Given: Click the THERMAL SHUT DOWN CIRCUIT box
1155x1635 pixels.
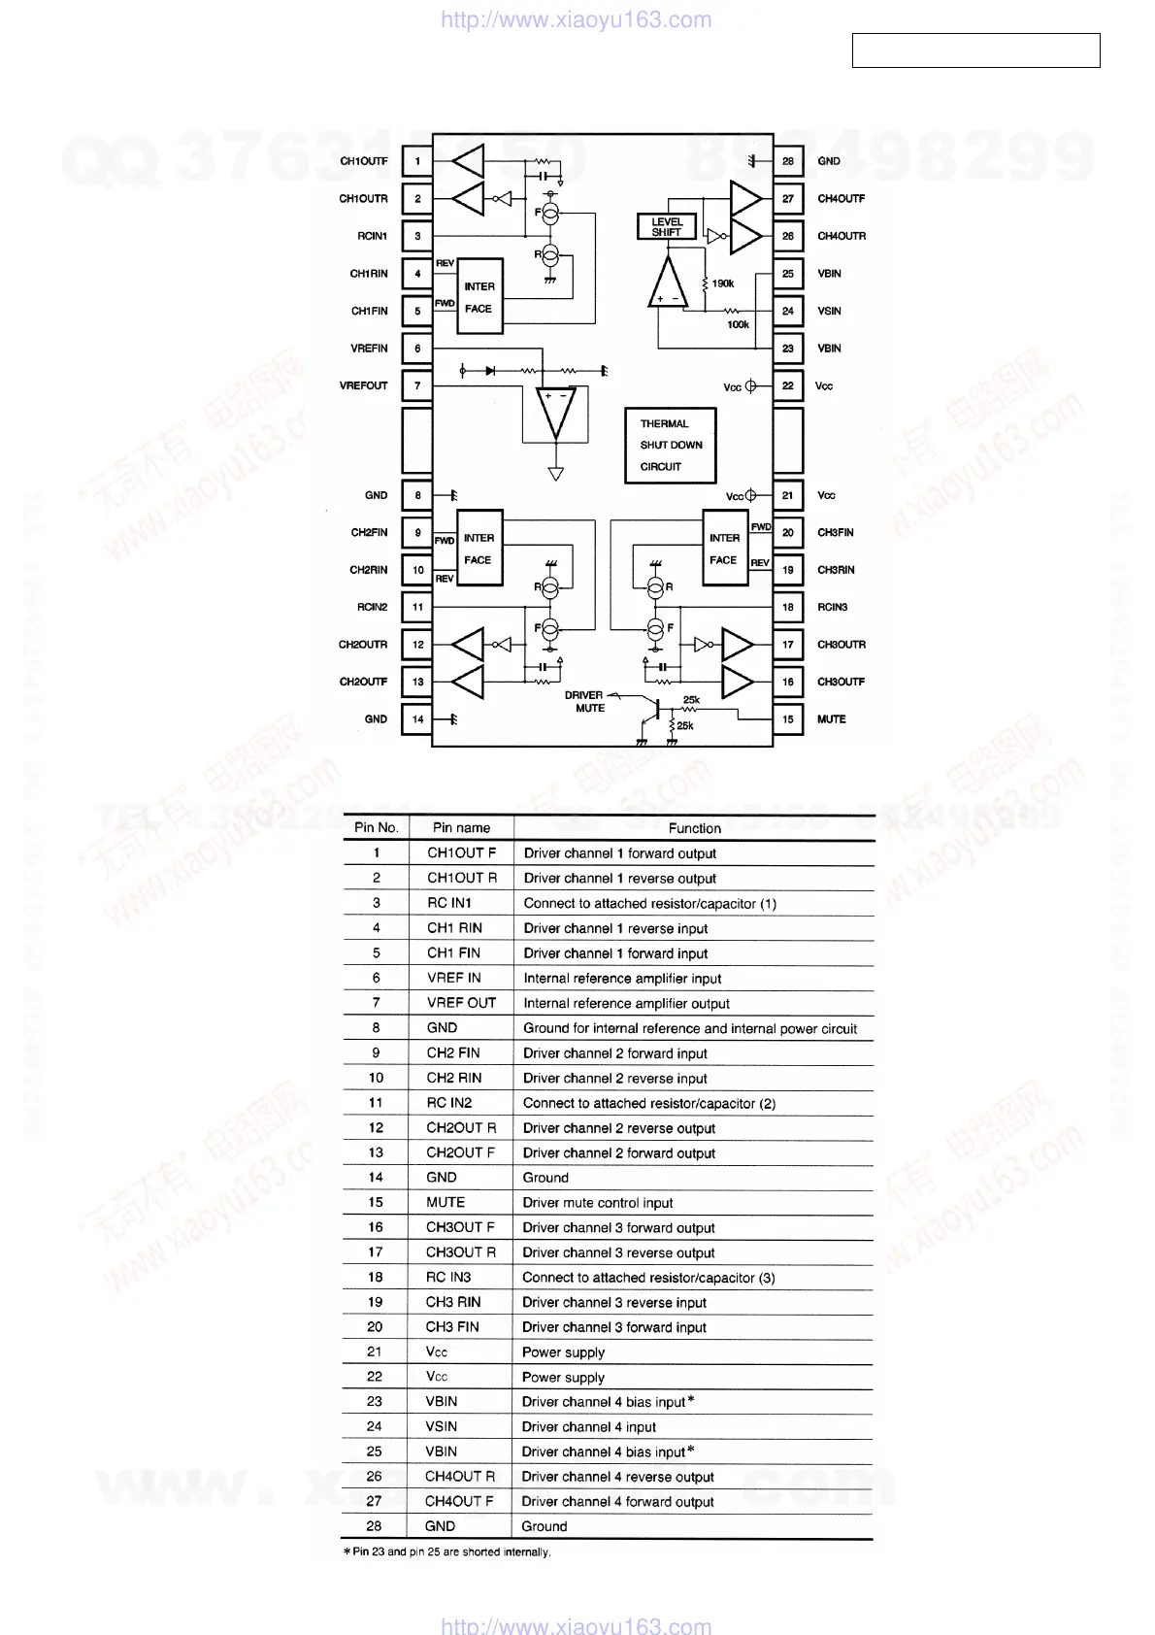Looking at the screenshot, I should (x=670, y=446).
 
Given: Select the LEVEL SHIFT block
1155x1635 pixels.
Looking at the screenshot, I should (x=667, y=227).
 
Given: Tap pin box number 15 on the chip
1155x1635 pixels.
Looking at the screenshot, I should (x=787, y=719).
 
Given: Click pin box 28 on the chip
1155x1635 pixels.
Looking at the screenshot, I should (x=787, y=161).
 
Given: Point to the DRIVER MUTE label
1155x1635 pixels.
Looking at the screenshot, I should (x=585, y=702).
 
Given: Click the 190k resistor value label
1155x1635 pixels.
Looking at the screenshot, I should (x=723, y=284).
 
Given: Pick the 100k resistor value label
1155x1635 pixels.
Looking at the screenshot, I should (x=738, y=324).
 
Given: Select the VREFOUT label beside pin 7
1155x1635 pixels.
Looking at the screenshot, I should (x=363, y=385).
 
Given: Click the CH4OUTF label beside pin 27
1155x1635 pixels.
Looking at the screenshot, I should (x=841, y=199).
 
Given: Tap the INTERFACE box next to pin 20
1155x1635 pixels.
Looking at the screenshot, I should (x=724, y=550).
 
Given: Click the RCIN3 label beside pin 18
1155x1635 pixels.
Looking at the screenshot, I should (x=832, y=608).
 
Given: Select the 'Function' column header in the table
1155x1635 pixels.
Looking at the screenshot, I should (x=694, y=828).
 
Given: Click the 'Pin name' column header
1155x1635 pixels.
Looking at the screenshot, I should (x=461, y=828).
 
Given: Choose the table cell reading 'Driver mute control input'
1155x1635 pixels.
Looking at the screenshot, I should (x=597, y=1203).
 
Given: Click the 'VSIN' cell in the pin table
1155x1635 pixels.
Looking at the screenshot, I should (x=441, y=1426).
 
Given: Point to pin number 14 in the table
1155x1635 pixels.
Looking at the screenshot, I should (x=376, y=1178).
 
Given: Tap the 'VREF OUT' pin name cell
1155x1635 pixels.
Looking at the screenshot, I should (x=461, y=1003).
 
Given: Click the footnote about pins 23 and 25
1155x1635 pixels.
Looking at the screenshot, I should (x=447, y=1552).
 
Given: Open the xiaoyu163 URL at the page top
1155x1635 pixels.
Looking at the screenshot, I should (x=576, y=19).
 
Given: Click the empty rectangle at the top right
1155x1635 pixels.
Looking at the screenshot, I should (x=975, y=50).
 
